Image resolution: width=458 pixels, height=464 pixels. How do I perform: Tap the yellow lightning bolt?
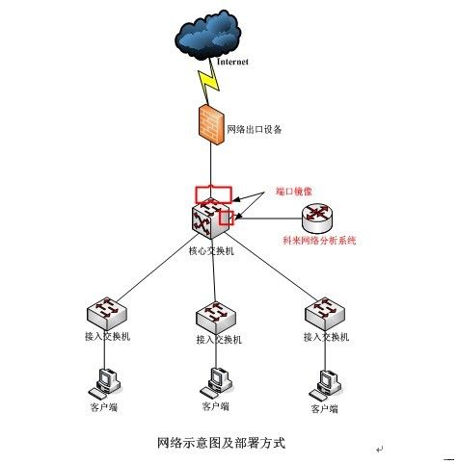tap(210, 84)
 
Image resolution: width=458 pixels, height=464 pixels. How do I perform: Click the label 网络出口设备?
tap(256, 129)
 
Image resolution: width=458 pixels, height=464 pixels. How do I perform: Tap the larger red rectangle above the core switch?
tap(213, 193)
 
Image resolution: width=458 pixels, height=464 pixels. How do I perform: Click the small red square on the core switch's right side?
tap(226, 218)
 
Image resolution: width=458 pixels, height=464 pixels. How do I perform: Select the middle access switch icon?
tap(215, 316)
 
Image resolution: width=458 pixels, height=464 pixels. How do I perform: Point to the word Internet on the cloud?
tap(232, 62)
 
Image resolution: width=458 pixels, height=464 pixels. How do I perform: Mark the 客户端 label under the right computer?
tap(325, 409)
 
